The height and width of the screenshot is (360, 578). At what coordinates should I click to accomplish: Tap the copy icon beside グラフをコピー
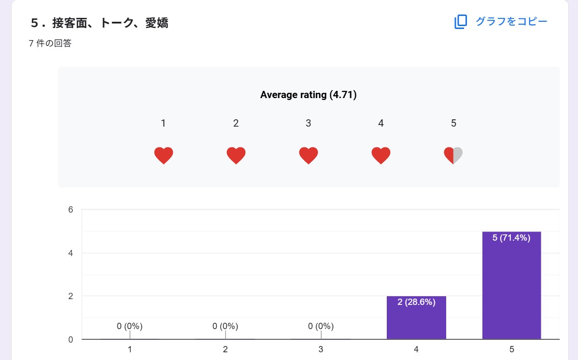coord(461,22)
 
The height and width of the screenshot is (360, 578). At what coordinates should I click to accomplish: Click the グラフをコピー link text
coord(511,22)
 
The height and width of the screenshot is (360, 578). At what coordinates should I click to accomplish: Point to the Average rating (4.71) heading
coord(308,95)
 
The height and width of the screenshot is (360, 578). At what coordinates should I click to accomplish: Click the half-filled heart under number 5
coord(453,156)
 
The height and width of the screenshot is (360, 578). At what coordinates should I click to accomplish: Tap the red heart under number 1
coord(164,156)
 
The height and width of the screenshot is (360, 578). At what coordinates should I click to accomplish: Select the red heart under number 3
coord(309,156)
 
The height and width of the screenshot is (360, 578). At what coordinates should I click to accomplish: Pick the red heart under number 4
coord(381,156)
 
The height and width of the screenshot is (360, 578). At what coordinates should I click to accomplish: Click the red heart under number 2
coord(236,156)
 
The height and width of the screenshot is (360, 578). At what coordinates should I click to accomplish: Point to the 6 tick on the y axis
coord(70,210)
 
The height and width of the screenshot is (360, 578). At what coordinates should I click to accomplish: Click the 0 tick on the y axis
coord(70,339)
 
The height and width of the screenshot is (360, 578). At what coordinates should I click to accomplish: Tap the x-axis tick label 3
coord(321,349)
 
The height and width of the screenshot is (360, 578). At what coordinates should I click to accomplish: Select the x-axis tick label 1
coord(129,349)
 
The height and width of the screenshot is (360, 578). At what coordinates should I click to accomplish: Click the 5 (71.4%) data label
coord(511,238)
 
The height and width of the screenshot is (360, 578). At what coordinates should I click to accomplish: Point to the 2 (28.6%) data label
coord(416,302)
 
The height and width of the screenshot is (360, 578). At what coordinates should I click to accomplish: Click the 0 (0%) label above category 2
coord(225,326)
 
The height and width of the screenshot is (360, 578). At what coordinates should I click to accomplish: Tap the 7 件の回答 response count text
coord(50,43)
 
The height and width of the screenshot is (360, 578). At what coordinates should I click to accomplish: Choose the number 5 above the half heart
coord(453,123)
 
